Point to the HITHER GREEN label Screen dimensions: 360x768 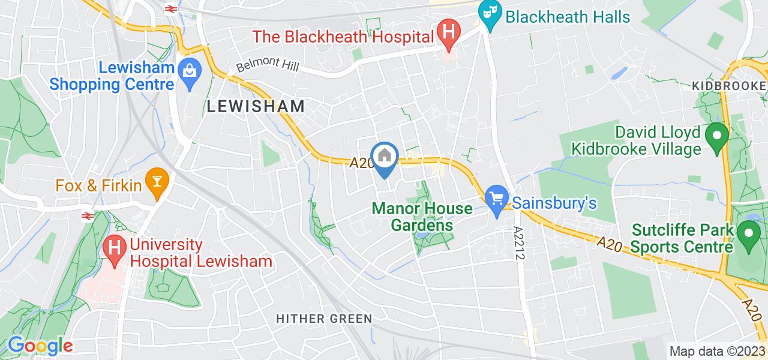pyautogui.click(x=324, y=318)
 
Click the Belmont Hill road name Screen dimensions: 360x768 pyautogui.click(x=268, y=66)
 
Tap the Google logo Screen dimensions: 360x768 pyautogui.click(x=40, y=346)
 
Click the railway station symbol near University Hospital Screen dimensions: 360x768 pyautogui.click(x=88, y=215)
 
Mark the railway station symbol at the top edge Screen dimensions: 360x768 pyautogui.click(x=170, y=8)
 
